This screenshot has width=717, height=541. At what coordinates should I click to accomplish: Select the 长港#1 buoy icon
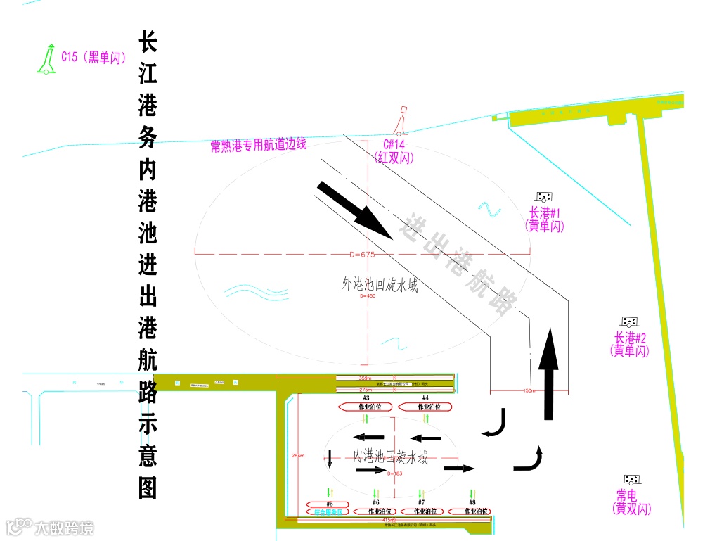coord(543,198)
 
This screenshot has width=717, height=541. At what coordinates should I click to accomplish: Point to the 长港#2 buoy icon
coord(629,322)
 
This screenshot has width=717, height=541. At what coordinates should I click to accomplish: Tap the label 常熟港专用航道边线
coord(258,146)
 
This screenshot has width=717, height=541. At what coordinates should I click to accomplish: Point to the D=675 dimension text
coord(363,254)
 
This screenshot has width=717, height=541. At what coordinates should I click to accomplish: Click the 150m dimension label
coord(529,390)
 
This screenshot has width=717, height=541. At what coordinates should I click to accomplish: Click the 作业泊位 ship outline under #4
coord(425,407)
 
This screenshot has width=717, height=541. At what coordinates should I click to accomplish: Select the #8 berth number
coord(472,502)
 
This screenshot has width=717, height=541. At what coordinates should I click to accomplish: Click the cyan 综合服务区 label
coord(328,511)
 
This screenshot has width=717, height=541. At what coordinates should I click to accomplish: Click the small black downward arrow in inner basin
coord(330,459)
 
